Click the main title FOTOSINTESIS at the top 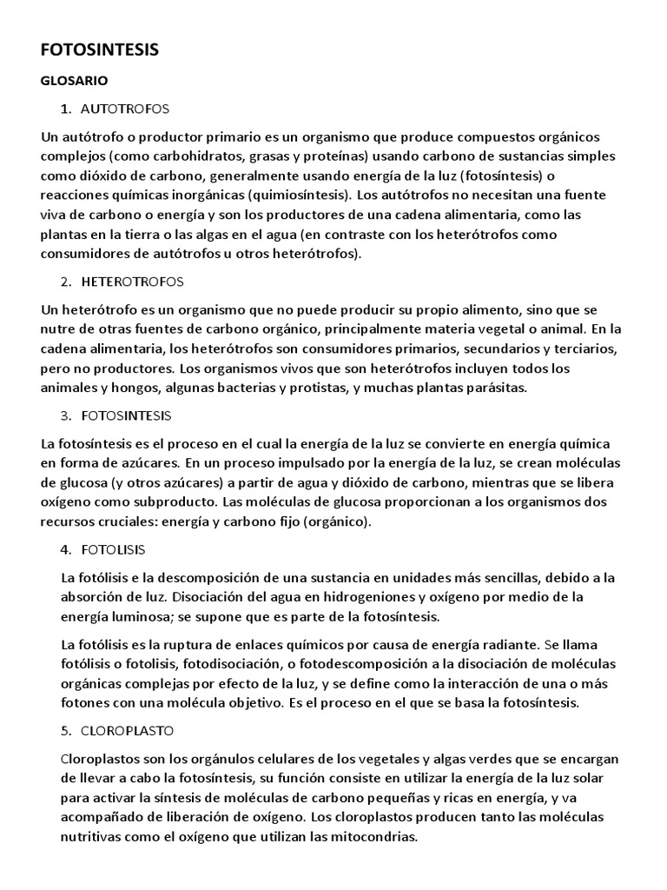100,50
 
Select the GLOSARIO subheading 75,81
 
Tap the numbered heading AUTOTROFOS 124,109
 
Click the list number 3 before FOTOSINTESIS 65,416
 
